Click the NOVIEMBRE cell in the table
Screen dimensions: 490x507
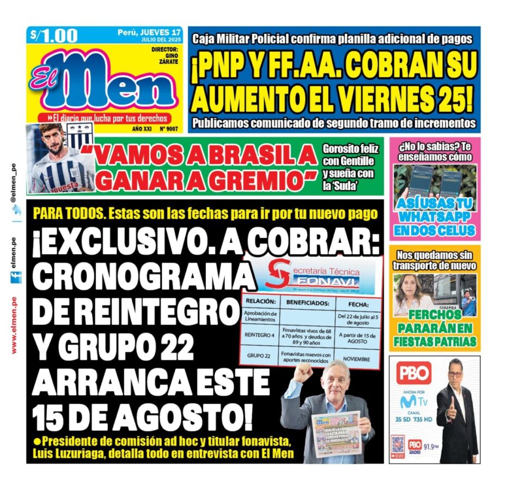click(x=357, y=359)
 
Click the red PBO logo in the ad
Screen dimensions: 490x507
click(x=413, y=372)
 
